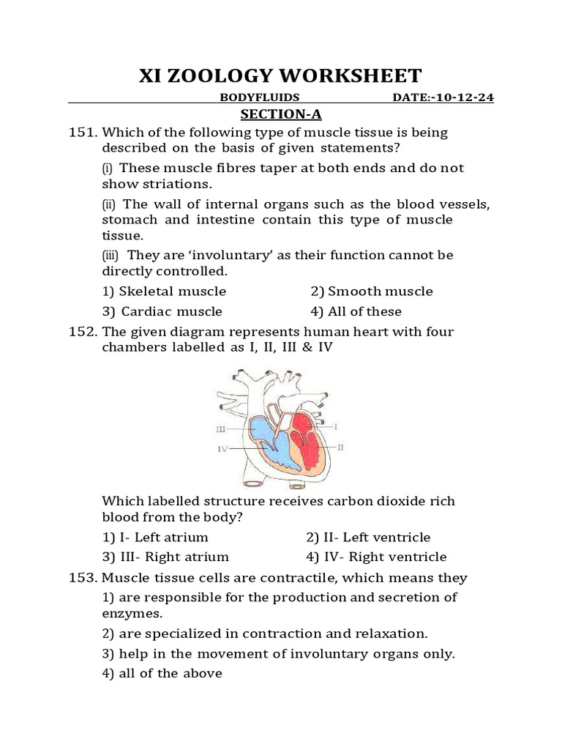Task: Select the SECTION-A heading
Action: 282,115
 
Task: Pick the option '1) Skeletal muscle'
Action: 164,292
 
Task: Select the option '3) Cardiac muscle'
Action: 162,312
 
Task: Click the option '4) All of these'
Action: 356,312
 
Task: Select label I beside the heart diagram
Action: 336,425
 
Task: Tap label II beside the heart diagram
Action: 340,445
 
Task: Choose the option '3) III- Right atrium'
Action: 165,557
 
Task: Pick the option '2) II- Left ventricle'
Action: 368,538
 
